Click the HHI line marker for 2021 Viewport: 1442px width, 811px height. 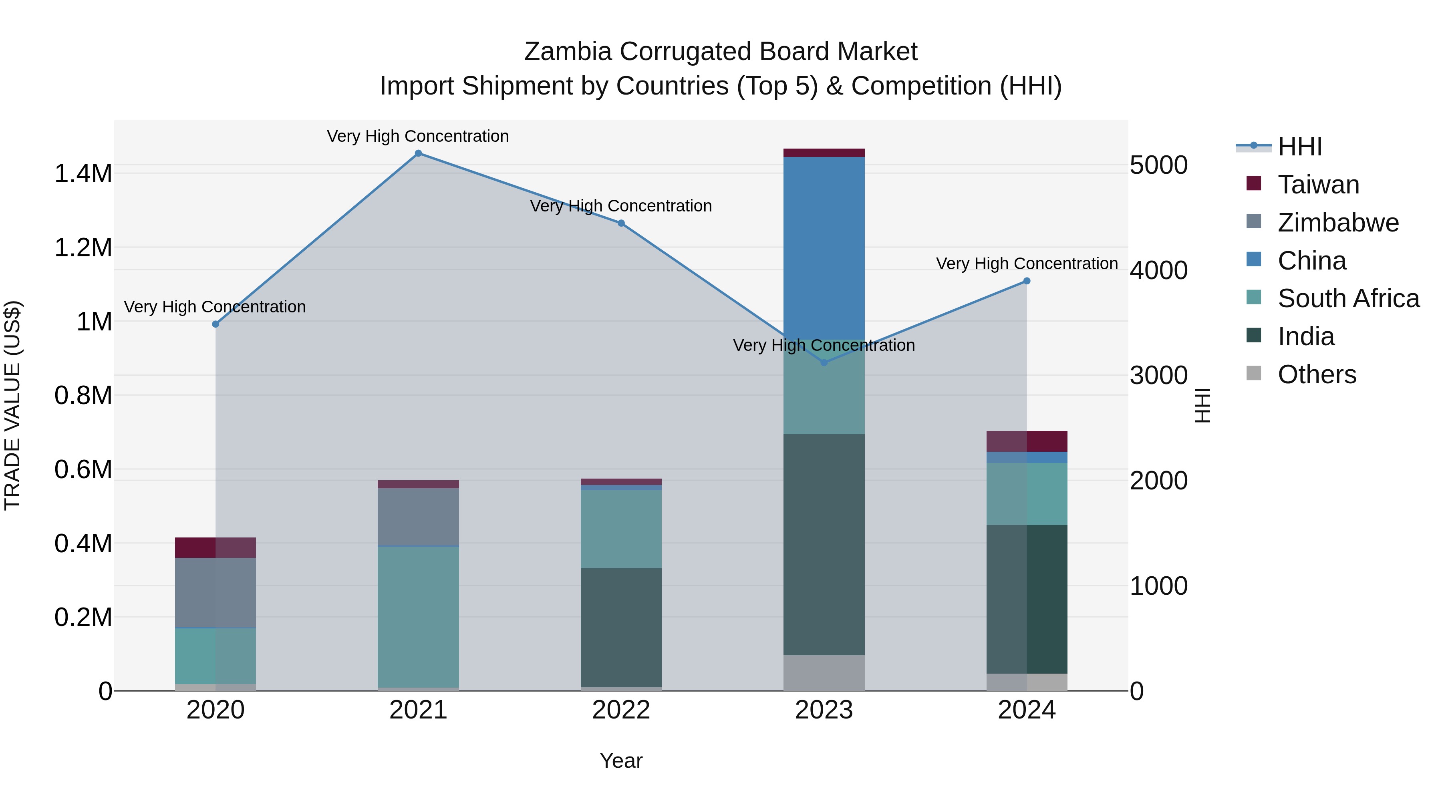coord(418,153)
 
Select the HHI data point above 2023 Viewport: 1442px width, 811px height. coord(824,363)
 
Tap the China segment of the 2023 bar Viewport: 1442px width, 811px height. coord(824,246)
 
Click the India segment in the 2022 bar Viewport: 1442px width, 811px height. coord(621,627)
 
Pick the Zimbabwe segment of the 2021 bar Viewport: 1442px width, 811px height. coord(418,516)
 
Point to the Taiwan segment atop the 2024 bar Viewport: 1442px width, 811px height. coord(1027,441)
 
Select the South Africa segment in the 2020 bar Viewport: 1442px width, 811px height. coord(215,655)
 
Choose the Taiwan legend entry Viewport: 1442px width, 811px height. coord(1318,185)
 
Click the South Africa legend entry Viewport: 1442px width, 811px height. coord(1348,298)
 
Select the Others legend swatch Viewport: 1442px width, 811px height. coord(1254,374)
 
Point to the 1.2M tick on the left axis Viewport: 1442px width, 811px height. coord(83,248)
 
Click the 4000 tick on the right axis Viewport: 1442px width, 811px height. coord(1158,270)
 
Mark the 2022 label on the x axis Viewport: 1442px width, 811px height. coord(621,710)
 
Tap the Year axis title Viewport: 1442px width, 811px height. coord(621,761)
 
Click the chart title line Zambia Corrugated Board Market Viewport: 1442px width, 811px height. coord(721,52)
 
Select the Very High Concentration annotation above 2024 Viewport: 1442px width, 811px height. coord(1027,263)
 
